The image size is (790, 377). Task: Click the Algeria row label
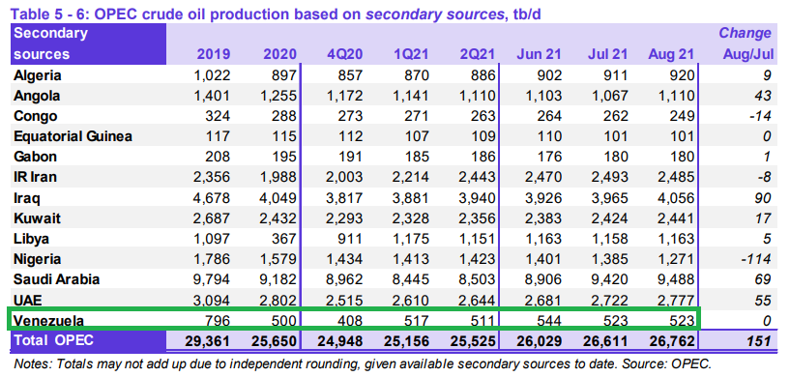pos(38,75)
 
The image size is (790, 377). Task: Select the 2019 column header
pos(214,54)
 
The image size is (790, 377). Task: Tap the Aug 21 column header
pos(671,54)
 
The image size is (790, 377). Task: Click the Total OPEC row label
pos(53,340)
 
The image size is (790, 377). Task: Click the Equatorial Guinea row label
pos(73,136)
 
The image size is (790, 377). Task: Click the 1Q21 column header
pos(412,54)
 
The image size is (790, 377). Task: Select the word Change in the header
pos(745,33)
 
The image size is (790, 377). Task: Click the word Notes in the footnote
pos(30,363)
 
